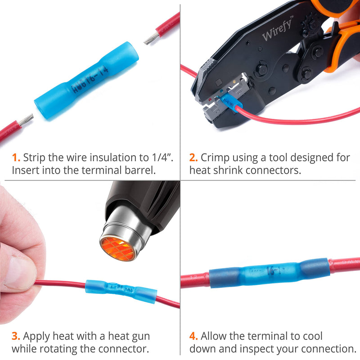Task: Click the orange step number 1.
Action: coord(16,158)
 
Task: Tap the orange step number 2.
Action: coord(193,158)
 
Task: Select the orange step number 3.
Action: coord(16,336)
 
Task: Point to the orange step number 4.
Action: coord(194,336)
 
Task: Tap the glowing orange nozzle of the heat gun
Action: coord(118,247)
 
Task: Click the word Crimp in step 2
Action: coord(214,158)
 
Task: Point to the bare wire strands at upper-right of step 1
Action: coord(151,38)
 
